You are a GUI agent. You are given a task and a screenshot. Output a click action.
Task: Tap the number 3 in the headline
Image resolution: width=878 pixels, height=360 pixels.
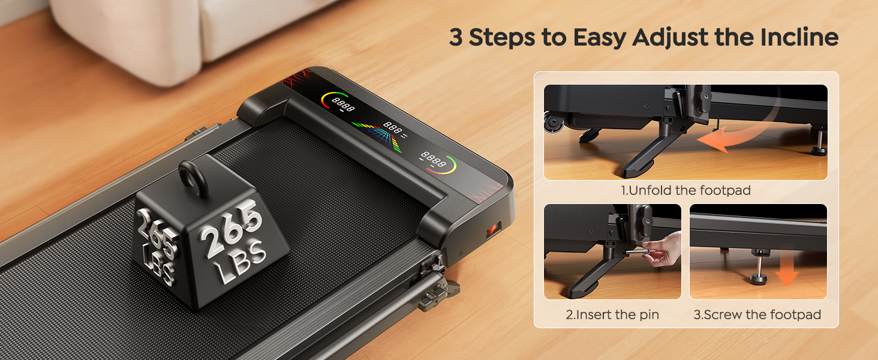[x=456, y=37]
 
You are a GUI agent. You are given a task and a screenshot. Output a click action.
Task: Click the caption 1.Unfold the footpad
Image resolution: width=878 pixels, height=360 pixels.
[x=685, y=191]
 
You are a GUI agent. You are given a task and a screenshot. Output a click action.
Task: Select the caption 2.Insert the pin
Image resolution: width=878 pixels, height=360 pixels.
[x=612, y=314]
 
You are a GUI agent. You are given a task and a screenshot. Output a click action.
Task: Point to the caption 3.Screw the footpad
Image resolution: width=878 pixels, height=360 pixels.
[x=757, y=314]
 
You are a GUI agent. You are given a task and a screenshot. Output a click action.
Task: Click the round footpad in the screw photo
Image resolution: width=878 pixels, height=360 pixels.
[x=759, y=278]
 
